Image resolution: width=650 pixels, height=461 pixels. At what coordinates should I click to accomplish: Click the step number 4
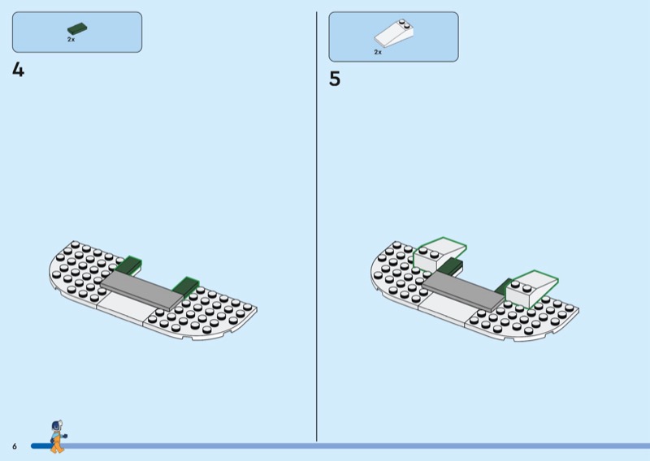coord(18,70)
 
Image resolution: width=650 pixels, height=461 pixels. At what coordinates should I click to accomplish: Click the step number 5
coord(335,79)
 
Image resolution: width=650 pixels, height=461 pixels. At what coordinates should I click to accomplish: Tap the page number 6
coord(15,446)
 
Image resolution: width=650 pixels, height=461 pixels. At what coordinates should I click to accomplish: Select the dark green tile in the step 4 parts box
coord(77,29)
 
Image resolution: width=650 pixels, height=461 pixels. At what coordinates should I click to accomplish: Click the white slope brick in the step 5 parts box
coord(394,33)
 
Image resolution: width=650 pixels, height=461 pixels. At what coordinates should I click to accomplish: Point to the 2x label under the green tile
coord(71,39)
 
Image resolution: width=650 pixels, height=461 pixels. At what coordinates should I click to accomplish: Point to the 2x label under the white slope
coord(378,52)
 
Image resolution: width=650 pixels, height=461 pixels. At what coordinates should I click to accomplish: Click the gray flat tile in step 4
coord(142,291)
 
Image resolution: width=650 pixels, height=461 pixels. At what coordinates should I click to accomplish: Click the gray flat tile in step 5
coord(464,291)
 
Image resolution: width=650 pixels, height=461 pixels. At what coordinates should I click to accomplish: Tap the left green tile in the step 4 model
coord(128,265)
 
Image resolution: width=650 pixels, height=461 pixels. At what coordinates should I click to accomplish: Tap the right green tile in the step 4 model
coord(186,286)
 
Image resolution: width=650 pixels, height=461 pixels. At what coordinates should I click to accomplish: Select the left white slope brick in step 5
coord(440,254)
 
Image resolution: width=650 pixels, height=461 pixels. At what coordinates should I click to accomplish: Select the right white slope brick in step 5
coord(532,289)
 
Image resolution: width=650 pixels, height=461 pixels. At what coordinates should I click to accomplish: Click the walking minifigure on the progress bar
coord(58,437)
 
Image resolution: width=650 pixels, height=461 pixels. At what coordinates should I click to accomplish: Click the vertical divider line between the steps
coord(317,226)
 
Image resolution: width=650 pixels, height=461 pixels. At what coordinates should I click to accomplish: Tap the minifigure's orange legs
coord(57,445)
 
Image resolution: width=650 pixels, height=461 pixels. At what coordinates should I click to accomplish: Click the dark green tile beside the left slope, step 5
coord(450,266)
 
